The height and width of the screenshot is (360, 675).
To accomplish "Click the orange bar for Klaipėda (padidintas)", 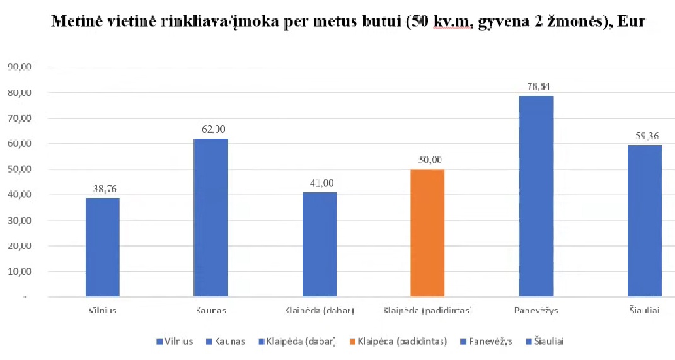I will (427, 233).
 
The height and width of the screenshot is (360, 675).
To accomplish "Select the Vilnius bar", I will (103, 247).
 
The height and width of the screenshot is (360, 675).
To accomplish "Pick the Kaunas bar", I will (211, 218).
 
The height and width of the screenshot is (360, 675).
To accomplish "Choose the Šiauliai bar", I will (644, 221).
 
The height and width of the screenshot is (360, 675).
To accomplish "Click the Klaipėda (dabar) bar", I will (319, 245).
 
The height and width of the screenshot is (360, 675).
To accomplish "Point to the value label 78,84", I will (535, 87).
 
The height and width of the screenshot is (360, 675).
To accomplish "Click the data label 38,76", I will (103, 189).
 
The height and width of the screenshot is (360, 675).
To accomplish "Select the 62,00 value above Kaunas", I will (211, 130).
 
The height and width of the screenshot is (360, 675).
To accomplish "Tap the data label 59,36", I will (644, 136).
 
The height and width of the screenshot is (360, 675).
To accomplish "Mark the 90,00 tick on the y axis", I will (21, 67).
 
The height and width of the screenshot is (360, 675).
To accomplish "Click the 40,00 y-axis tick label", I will (21, 195).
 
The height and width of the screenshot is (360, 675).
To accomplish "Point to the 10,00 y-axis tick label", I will (21, 272).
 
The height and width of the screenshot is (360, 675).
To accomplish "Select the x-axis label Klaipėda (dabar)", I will (319, 310).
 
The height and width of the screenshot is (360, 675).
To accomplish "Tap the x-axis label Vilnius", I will (103, 310).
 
